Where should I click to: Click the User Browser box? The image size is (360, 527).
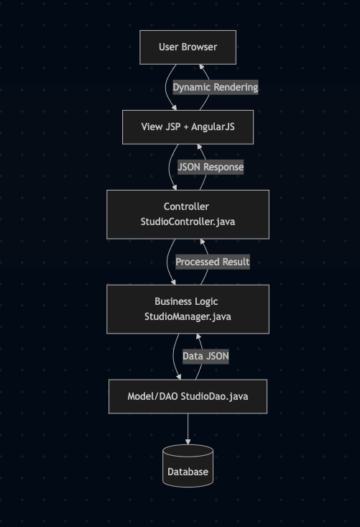(x=188, y=47)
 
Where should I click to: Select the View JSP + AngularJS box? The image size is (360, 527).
(x=188, y=127)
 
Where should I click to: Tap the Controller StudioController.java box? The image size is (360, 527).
(x=188, y=214)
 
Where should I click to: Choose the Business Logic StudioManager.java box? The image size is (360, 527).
(x=188, y=309)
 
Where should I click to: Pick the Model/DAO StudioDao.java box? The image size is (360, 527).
(x=188, y=397)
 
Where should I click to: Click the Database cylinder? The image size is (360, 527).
(x=188, y=466)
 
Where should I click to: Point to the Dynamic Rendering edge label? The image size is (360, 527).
(x=216, y=88)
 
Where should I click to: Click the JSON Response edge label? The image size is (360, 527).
(x=211, y=167)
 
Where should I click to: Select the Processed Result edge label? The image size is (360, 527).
(x=213, y=262)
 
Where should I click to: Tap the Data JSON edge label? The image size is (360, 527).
(x=206, y=357)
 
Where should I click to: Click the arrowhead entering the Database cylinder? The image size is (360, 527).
(x=188, y=441)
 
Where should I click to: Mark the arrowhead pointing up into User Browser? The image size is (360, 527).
(x=201, y=67)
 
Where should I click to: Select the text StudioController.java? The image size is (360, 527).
(x=188, y=222)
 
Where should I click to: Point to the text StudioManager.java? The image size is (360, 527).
(x=188, y=316)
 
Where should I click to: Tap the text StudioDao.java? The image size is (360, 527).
(x=214, y=397)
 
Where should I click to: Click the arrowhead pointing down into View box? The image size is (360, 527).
(x=175, y=108)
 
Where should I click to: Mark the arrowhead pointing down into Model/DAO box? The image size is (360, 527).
(x=179, y=377)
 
